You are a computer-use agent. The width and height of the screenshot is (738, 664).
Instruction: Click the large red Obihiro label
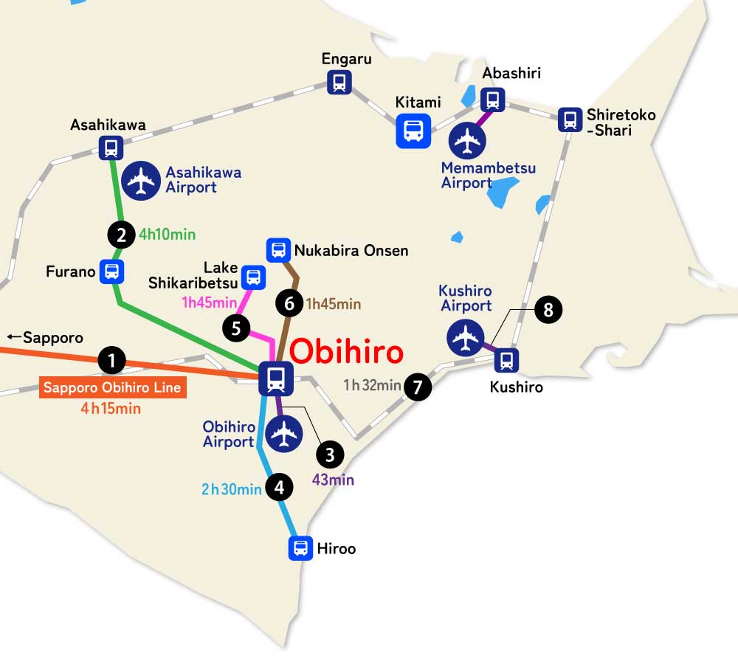click(346, 352)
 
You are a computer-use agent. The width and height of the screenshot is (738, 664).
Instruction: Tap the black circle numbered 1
click(111, 361)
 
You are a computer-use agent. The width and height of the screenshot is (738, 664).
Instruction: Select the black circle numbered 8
click(548, 310)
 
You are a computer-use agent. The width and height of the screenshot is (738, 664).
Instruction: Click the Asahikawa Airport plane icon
click(140, 181)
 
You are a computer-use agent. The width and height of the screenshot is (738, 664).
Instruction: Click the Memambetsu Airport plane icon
click(468, 140)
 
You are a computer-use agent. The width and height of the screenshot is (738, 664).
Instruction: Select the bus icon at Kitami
click(413, 131)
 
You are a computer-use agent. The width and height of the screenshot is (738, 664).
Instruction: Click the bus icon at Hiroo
click(300, 548)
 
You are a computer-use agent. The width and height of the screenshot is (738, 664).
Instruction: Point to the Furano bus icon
click(111, 271)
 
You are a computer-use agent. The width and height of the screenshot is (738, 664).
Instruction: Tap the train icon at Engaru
click(339, 82)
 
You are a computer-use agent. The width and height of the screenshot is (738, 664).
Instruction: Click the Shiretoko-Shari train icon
click(569, 120)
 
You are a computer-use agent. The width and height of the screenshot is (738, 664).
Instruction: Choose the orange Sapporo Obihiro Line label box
click(112, 388)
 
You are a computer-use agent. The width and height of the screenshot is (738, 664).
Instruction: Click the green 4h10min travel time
click(167, 235)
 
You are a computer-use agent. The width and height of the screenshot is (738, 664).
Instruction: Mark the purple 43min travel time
click(333, 480)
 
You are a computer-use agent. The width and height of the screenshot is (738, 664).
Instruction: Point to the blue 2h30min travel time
click(232, 488)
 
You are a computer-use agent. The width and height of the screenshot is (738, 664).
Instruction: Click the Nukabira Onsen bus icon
click(278, 250)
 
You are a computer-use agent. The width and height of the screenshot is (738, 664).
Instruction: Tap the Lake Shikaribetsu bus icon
click(253, 277)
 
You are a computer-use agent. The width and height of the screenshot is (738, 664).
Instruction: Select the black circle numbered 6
click(289, 302)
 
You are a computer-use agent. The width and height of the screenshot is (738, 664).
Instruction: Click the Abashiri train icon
click(492, 100)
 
